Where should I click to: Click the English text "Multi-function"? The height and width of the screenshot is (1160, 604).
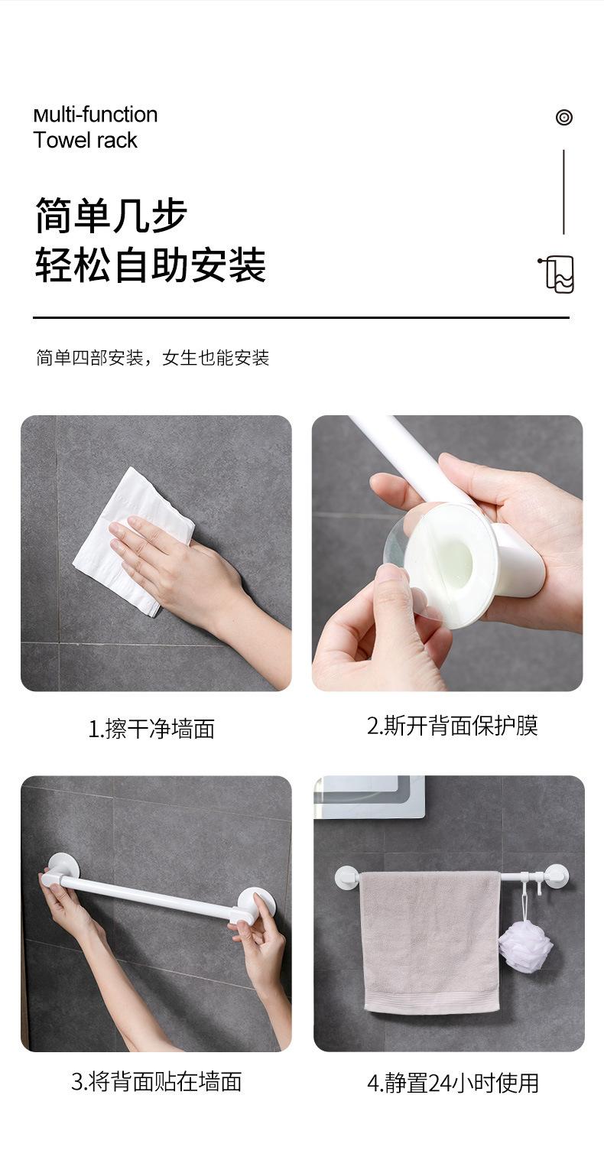click(x=96, y=115)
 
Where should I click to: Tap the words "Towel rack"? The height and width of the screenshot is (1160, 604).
click(x=86, y=140)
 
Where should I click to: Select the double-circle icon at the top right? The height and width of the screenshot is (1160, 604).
click(x=563, y=118)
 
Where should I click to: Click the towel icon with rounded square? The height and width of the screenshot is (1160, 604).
click(x=557, y=274)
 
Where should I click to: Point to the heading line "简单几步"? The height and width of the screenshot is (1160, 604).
click(x=111, y=215)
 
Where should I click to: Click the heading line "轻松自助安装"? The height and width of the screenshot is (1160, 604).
click(x=150, y=265)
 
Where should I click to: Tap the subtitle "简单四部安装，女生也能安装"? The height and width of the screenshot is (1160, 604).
click(x=153, y=357)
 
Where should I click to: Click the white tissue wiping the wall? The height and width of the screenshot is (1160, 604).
click(x=134, y=538)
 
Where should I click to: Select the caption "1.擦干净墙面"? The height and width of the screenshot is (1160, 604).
click(x=151, y=729)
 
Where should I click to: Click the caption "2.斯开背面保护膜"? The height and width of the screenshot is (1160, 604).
click(x=453, y=725)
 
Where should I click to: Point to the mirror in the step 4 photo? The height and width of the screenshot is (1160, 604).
click(x=369, y=797)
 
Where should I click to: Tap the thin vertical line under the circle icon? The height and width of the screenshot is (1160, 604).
click(x=563, y=192)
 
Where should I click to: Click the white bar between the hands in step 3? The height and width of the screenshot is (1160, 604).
click(x=150, y=895)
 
